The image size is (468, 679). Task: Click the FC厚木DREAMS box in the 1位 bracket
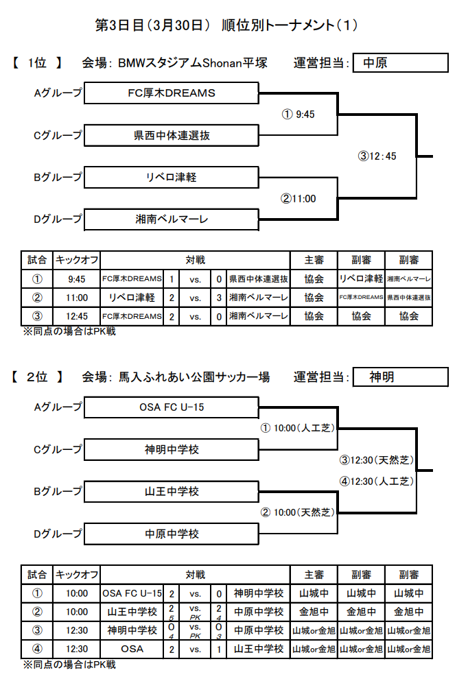click(171, 93)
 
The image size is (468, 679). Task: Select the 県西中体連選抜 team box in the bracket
click(171, 136)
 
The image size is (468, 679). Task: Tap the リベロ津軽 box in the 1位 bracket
click(171, 177)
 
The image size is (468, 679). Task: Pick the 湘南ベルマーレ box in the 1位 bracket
click(171, 219)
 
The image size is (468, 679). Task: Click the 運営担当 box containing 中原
click(400, 63)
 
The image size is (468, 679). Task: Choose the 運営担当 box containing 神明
click(400, 377)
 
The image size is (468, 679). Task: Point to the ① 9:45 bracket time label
click(298, 115)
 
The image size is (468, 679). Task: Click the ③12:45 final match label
click(377, 156)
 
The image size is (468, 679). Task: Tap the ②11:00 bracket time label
click(298, 199)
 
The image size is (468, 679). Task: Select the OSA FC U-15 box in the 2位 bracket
click(171, 407)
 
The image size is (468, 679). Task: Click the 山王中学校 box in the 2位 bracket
click(171, 492)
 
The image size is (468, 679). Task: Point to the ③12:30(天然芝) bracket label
click(376, 460)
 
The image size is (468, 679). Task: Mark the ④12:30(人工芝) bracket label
click(376, 481)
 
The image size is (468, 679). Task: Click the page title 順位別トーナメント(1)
click(290, 25)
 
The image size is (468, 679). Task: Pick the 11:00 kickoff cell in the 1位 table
click(77, 298)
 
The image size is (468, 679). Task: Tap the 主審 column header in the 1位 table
click(314, 260)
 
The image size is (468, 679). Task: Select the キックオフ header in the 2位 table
click(77, 575)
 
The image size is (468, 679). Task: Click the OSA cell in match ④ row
click(132, 649)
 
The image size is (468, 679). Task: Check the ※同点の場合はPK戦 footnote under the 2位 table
click(69, 665)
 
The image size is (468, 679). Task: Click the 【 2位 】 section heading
click(37, 377)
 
